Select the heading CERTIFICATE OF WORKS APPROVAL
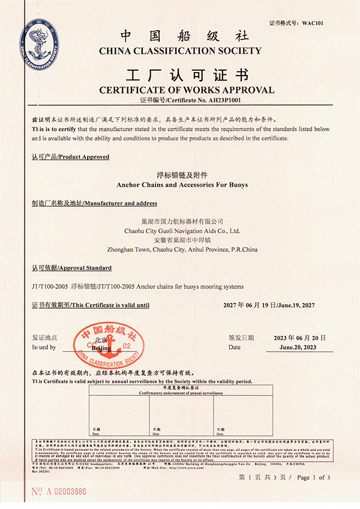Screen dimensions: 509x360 click(x=186, y=90)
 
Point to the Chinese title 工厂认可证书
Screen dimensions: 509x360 click(x=186, y=76)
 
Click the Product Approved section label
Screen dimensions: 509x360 click(x=70, y=157)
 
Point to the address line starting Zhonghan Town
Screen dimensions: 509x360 click(x=182, y=249)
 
